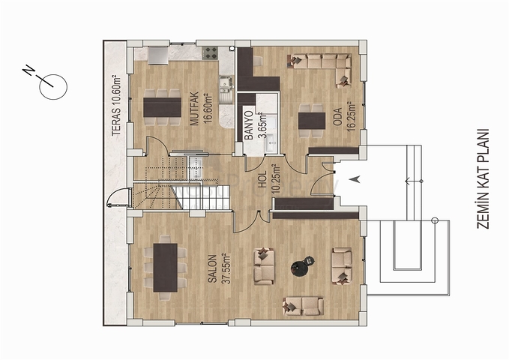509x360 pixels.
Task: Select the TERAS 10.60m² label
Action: pyautogui.click(x=115, y=106)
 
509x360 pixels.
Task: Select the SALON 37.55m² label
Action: pyautogui.click(x=217, y=268)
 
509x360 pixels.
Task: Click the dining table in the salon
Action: pyautogui.click(x=165, y=267)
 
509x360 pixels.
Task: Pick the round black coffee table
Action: pyautogui.click(x=302, y=265)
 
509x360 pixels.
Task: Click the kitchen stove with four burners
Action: pyautogui.click(x=209, y=53)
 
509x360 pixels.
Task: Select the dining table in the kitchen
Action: pyautogui.click(x=163, y=106)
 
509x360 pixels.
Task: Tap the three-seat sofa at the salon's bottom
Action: pyautogui.click(x=303, y=305)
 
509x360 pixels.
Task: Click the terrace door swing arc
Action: pyautogui.click(x=116, y=198)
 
